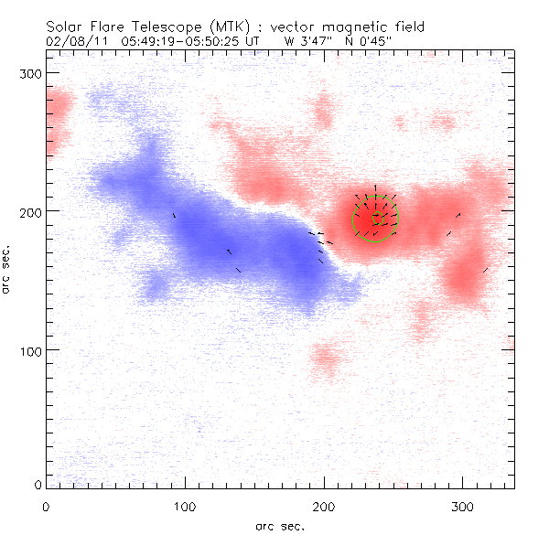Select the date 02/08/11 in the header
(x=70, y=41)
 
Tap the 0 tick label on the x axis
(x=46, y=505)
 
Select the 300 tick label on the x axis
(x=463, y=505)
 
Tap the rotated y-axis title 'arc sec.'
(x=6, y=269)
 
